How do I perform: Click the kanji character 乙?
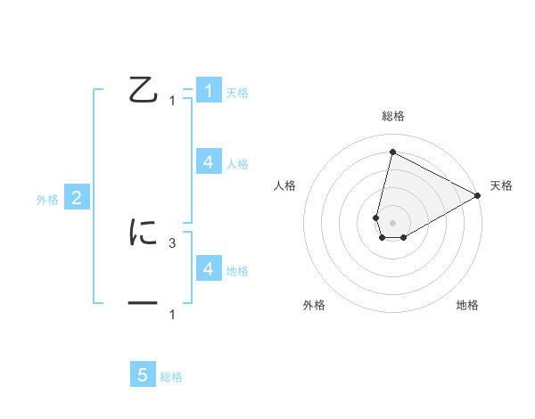[144, 90]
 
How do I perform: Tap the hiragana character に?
[144, 233]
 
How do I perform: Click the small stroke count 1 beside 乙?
[172, 101]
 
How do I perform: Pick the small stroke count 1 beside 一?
[172, 315]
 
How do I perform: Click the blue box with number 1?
[208, 90]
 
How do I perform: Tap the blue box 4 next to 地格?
[208, 268]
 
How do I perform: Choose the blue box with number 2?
[77, 198]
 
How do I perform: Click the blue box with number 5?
[143, 375]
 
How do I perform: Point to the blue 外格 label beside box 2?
[47, 200]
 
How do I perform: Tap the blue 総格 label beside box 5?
[171, 377]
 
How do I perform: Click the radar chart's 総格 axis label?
[392, 116]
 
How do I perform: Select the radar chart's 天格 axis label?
[501, 185]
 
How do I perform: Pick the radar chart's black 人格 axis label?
[284, 185]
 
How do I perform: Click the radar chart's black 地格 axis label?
[467, 305]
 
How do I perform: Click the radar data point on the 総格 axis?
[392, 152]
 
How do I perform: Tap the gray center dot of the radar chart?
[392, 223]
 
